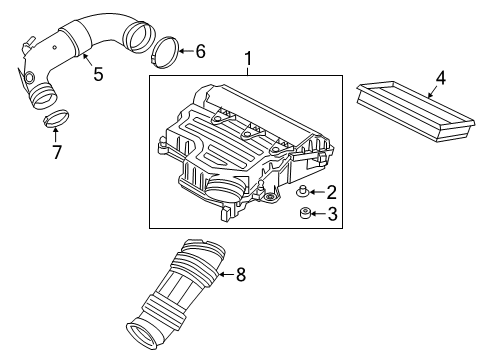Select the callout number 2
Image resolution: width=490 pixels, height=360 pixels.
332,192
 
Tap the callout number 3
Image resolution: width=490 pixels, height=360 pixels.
332,213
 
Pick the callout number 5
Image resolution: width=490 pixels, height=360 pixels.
96,73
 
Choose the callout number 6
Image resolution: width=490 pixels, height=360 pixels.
199,50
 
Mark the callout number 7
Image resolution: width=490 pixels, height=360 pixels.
56,152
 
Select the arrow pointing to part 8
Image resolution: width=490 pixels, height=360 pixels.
222,274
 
